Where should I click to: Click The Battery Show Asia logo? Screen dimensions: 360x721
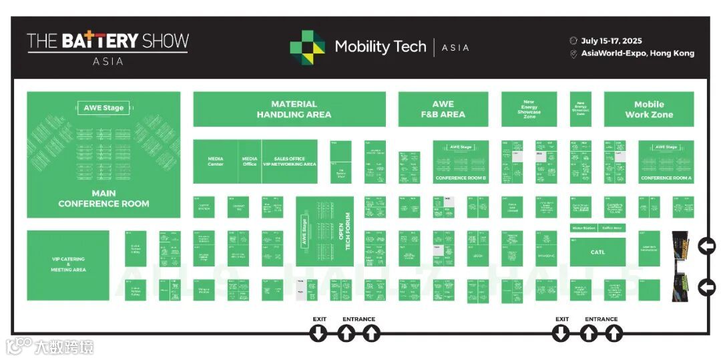click(107, 46)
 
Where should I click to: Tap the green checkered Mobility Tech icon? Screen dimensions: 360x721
click(307, 47)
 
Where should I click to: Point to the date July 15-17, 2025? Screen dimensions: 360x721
click(611, 41)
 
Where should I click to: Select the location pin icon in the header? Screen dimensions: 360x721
click(573, 54)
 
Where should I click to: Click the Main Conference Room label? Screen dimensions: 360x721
click(103, 198)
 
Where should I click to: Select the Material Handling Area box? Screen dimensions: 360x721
click(289, 109)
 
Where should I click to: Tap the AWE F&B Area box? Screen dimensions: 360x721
click(443, 109)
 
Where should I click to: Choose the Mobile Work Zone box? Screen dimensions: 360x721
click(648, 109)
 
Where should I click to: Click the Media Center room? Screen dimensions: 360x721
click(216, 162)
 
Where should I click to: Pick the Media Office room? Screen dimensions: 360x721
click(250, 162)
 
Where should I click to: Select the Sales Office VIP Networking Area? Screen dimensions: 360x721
click(289, 162)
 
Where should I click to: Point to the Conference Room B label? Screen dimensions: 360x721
click(461, 178)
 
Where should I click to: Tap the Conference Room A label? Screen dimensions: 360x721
click(666, 178)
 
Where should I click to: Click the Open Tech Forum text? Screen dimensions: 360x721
click(343, 231)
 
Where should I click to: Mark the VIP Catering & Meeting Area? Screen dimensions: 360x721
click(68, 264)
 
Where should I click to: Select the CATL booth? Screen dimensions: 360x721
click(597, 252)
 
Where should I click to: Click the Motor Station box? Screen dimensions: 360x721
click(583, 228)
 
